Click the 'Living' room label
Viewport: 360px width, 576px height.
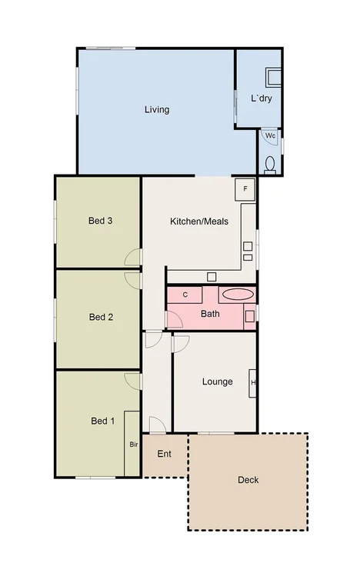click(x=156, y=109)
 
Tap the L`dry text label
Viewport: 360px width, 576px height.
click(x=262, y=98)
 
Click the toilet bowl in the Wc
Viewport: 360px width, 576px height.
click(x=270, y=163)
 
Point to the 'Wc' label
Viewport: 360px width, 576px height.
click(x=270, y=136)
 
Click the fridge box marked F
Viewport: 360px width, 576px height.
click(x=245, y=188)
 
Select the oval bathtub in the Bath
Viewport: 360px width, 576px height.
click(x=235, y=293)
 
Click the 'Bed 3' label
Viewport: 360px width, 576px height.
click(x=101, y=221)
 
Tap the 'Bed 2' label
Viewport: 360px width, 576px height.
click(x=101, y=316)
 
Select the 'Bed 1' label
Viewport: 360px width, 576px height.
click(x=102, y=421)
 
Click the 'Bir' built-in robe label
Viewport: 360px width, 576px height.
click(x=133, y=444)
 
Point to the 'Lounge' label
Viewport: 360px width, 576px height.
click(x=217, y=381)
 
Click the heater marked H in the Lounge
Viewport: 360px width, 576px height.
click(x=253, y=382)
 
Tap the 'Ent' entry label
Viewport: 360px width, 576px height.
click(x=164, y=453)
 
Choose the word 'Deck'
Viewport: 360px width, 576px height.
click(x=248, y=480)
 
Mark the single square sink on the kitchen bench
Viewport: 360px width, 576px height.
click(x=212, y=275)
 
